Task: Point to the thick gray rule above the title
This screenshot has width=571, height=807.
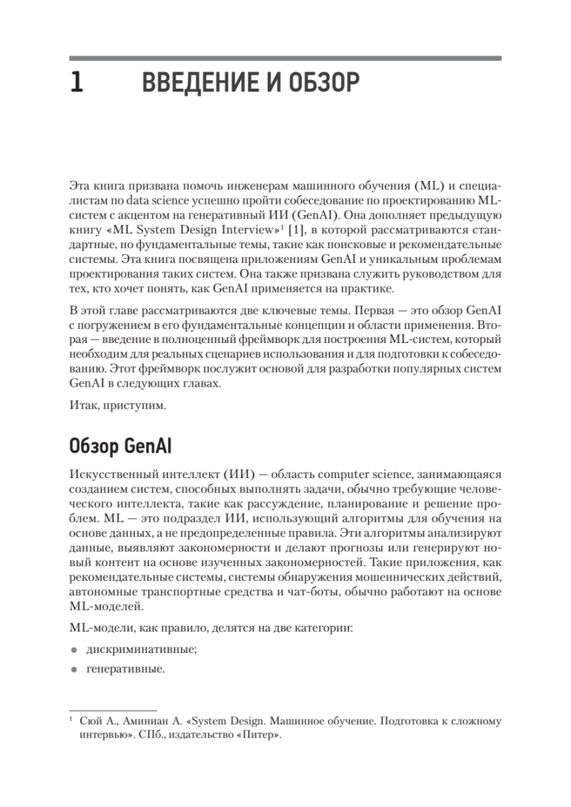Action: point(285,59)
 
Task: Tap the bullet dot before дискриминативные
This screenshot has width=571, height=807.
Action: point(73,651)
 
